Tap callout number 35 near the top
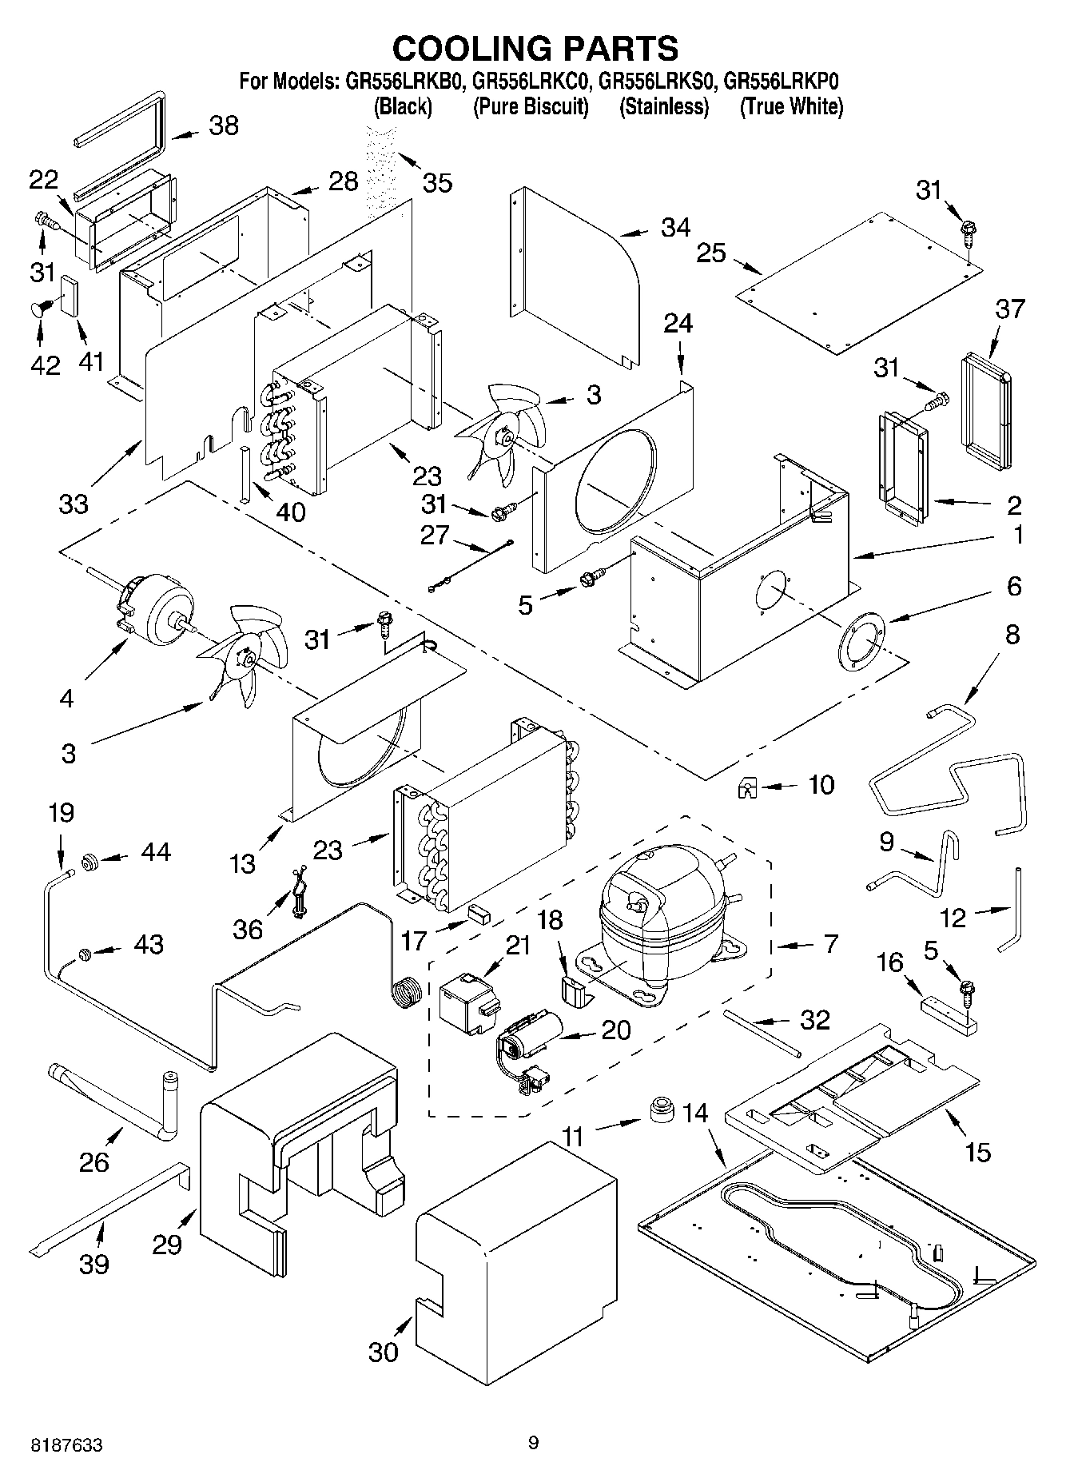point(437,183)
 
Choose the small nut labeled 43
point(83,953)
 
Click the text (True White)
point(790,106)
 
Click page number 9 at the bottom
point(533,1442)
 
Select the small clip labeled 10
point(747,789)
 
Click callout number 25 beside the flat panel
point(710,253)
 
